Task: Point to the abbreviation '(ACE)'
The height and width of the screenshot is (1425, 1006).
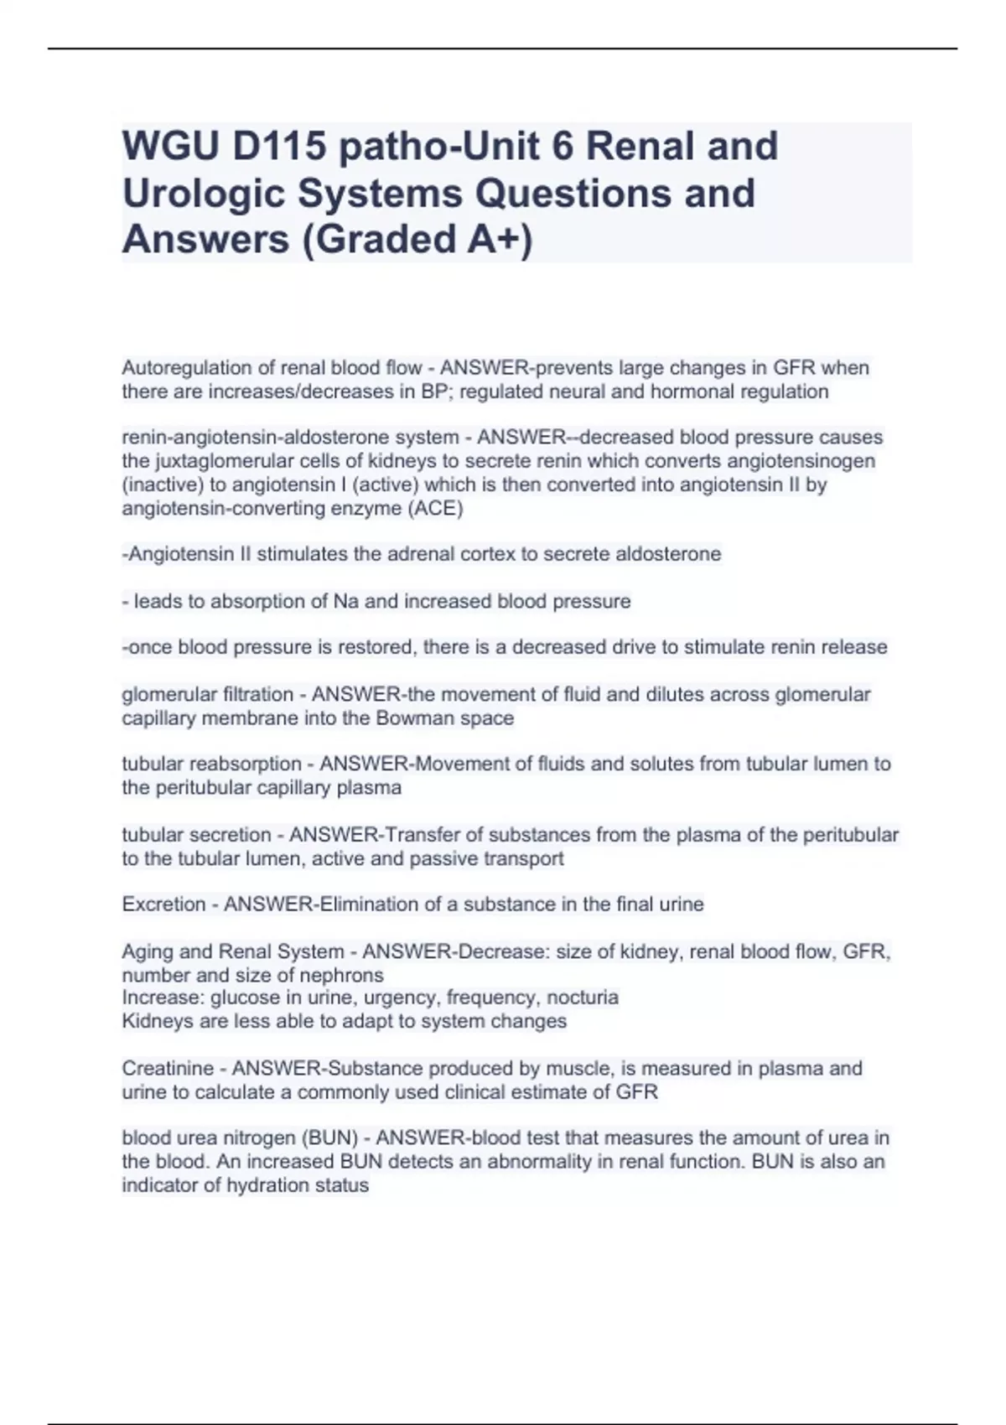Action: [x=434, y=508]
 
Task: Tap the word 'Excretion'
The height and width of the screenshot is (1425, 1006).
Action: [x=163, y=904]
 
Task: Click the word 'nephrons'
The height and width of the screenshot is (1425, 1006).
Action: [x=345, y=975]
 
